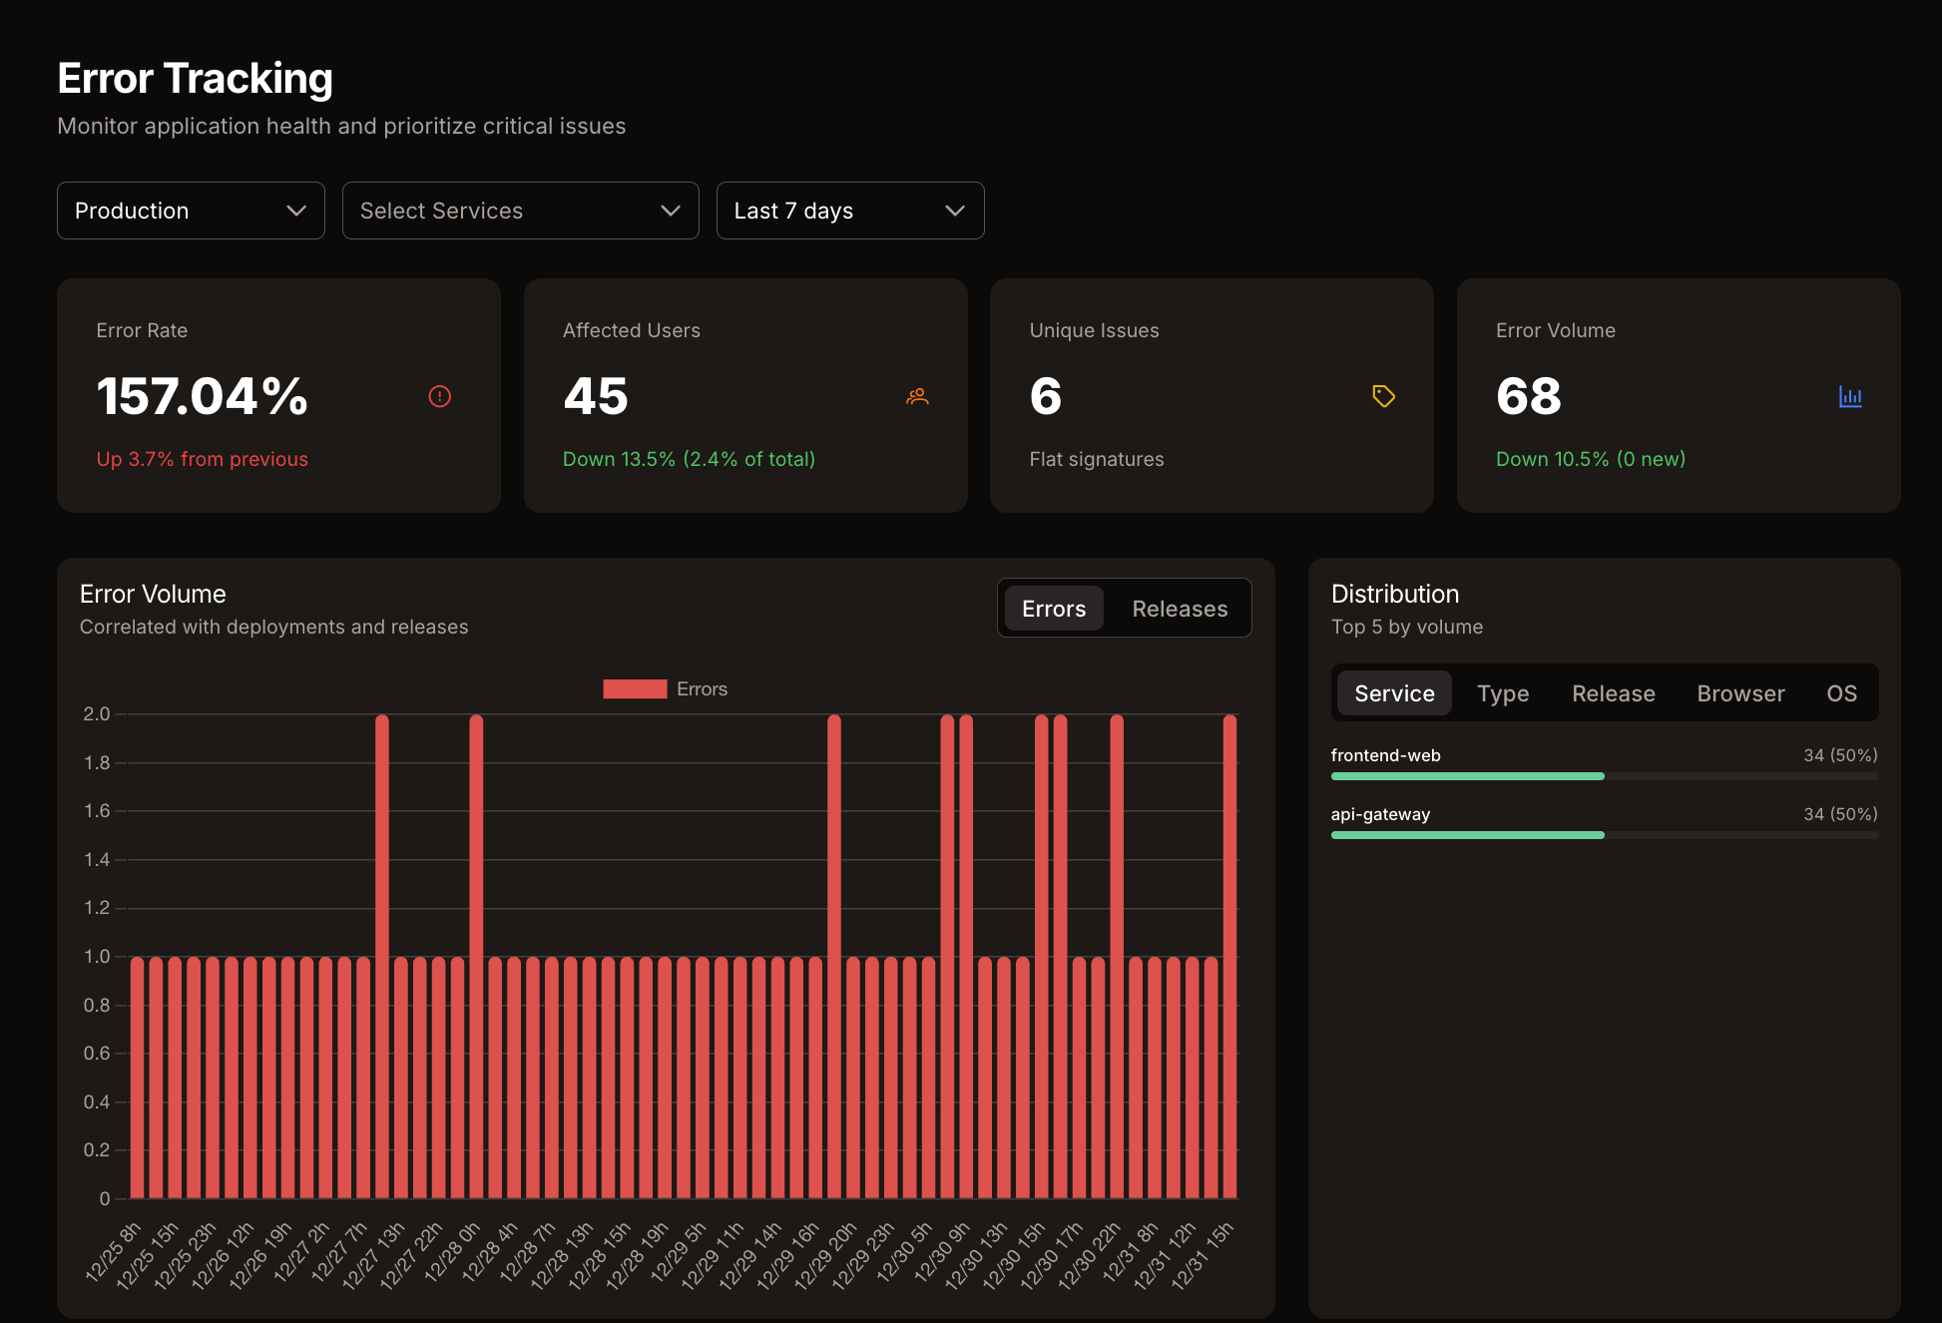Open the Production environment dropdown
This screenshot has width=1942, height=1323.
click(190, 211)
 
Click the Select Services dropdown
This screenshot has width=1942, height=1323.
click(520, 211)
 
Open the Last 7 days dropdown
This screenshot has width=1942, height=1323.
click(849, 211)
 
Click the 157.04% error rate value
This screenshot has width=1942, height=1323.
click(203, 396)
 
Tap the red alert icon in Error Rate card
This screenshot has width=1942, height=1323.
click(439, 396)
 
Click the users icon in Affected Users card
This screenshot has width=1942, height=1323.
click(917, 396)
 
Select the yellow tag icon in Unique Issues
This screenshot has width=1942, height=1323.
click(1383, 396)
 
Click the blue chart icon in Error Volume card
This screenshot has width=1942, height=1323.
click(1850, 396)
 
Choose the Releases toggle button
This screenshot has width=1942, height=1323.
click(1180, 609)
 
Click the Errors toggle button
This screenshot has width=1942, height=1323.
click(1054, 609)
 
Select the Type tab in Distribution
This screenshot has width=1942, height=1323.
click(1503, 693)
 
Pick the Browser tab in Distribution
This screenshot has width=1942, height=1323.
click(1740, 693)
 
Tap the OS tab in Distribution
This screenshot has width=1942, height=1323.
click(1841, 693)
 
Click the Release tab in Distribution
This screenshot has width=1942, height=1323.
click(1613, 693)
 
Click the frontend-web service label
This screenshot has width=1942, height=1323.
click(1385, 755)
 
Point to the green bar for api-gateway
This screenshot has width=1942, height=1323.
click(1467, 835)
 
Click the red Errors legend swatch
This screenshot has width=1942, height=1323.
click(635, 689)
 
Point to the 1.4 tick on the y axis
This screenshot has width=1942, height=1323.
click(97, 859)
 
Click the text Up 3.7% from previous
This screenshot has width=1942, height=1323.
click(203, 459)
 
